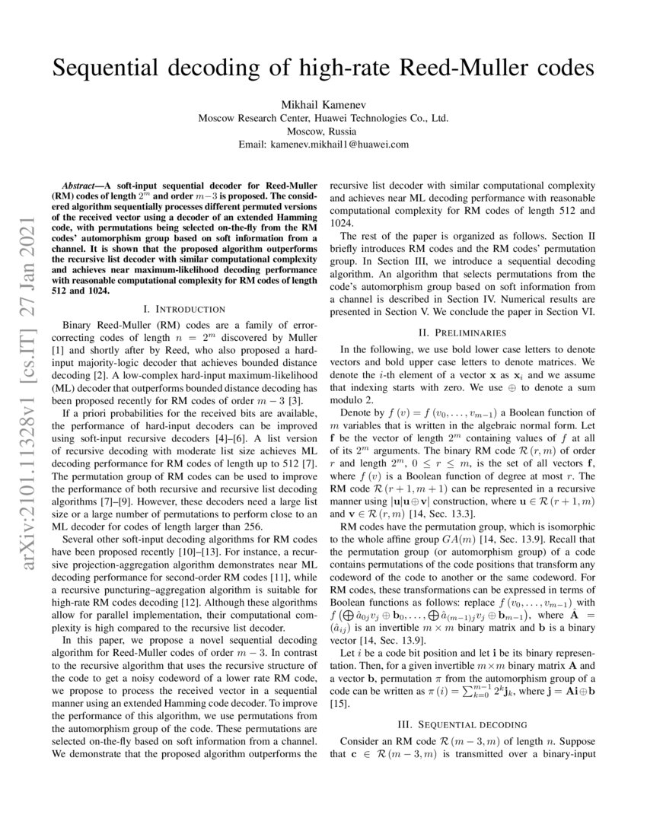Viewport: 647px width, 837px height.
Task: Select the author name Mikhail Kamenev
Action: [323, 103]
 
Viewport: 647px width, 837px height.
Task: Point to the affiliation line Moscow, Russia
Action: [323, 131]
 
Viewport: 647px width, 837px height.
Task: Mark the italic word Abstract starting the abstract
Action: [84, 186]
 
